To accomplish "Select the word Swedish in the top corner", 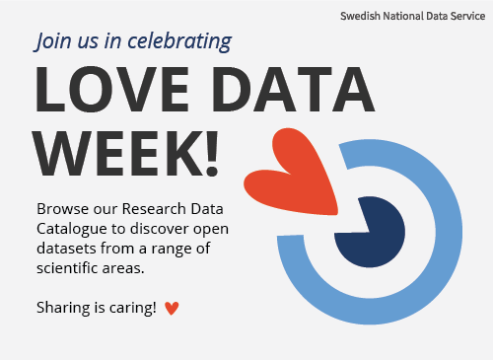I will tap(361, 17).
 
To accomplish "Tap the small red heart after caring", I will tap(173, 309).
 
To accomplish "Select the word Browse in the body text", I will tap(60, 210).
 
